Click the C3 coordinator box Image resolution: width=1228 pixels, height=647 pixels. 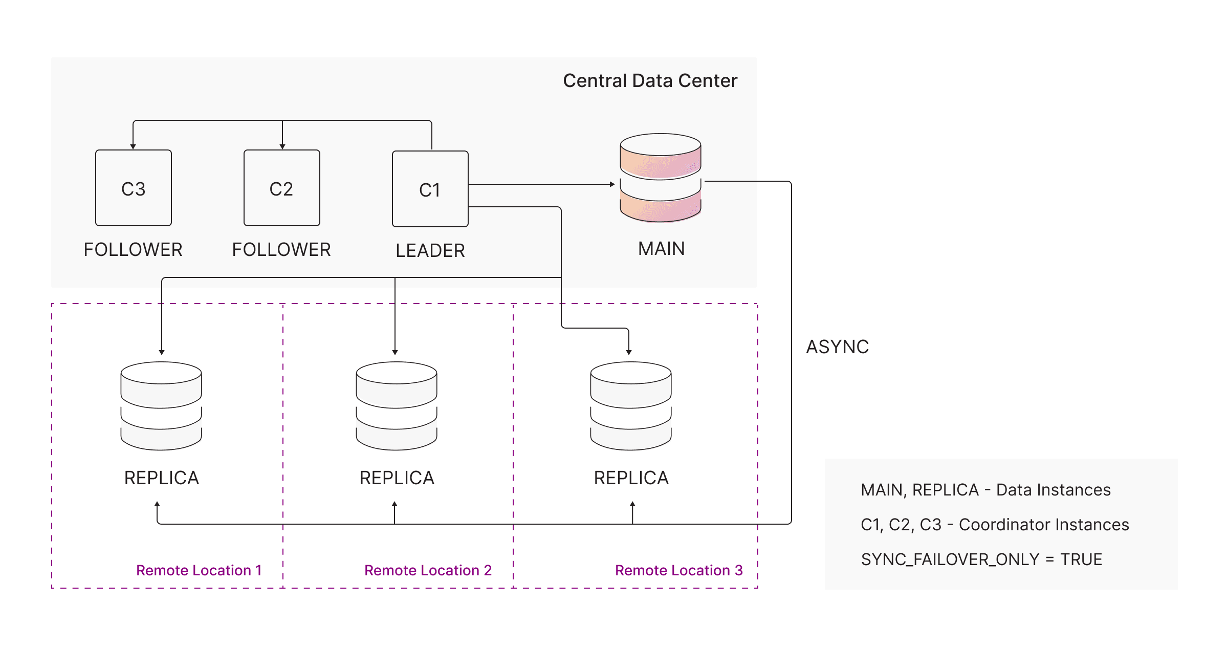pyautogui.click(x=134, y=188)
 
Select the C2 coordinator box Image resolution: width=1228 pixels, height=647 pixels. pyautogui.click(x=282, y=188)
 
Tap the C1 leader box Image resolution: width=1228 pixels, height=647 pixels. pyautogui.click(x=430, y=189)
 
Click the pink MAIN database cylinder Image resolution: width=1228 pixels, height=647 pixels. pyautogui.click(x=661, y=178)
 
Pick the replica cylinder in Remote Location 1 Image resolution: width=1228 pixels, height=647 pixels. pyautogui.click(x=161, y=406)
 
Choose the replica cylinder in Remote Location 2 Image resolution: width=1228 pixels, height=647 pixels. pyautogui.click(x=397, y=406)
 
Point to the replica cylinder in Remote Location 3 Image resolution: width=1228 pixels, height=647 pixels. pyautogui.click(x=631, y=406)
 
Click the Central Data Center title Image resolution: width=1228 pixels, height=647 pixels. pyautogui.click(x=650, y=81)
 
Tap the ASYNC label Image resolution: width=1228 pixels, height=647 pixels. pyautogui.click(x=838, y=347)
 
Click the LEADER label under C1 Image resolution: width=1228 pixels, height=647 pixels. pyautogui.click(x=430, y=251)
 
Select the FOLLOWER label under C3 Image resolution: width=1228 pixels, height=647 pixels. pyautogui.click(x=133, y=250)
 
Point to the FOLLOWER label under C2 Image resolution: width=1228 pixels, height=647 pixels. pyautogui.click(x=281, y=250)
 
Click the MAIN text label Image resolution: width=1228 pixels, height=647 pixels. pyautogui.click(x=661, y=249)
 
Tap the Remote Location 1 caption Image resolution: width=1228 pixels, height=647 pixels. pyautogui.click(x=199, y=570)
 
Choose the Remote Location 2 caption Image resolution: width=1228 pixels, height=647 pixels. pyautogui.click(x=428, y=570)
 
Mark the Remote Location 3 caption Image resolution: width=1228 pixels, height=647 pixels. pyautogui.click(x=678, y=570)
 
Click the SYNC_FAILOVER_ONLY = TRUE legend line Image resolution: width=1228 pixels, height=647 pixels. pyautogui.click(x=981, y=559)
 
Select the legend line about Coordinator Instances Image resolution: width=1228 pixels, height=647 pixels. pyautogui.click(x=995, y=525)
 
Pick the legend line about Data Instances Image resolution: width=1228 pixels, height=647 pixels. pyautogui.click(x=985, y=490)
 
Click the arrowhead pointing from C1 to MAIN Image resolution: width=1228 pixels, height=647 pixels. pyautogui.click(x=612, y=184)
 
